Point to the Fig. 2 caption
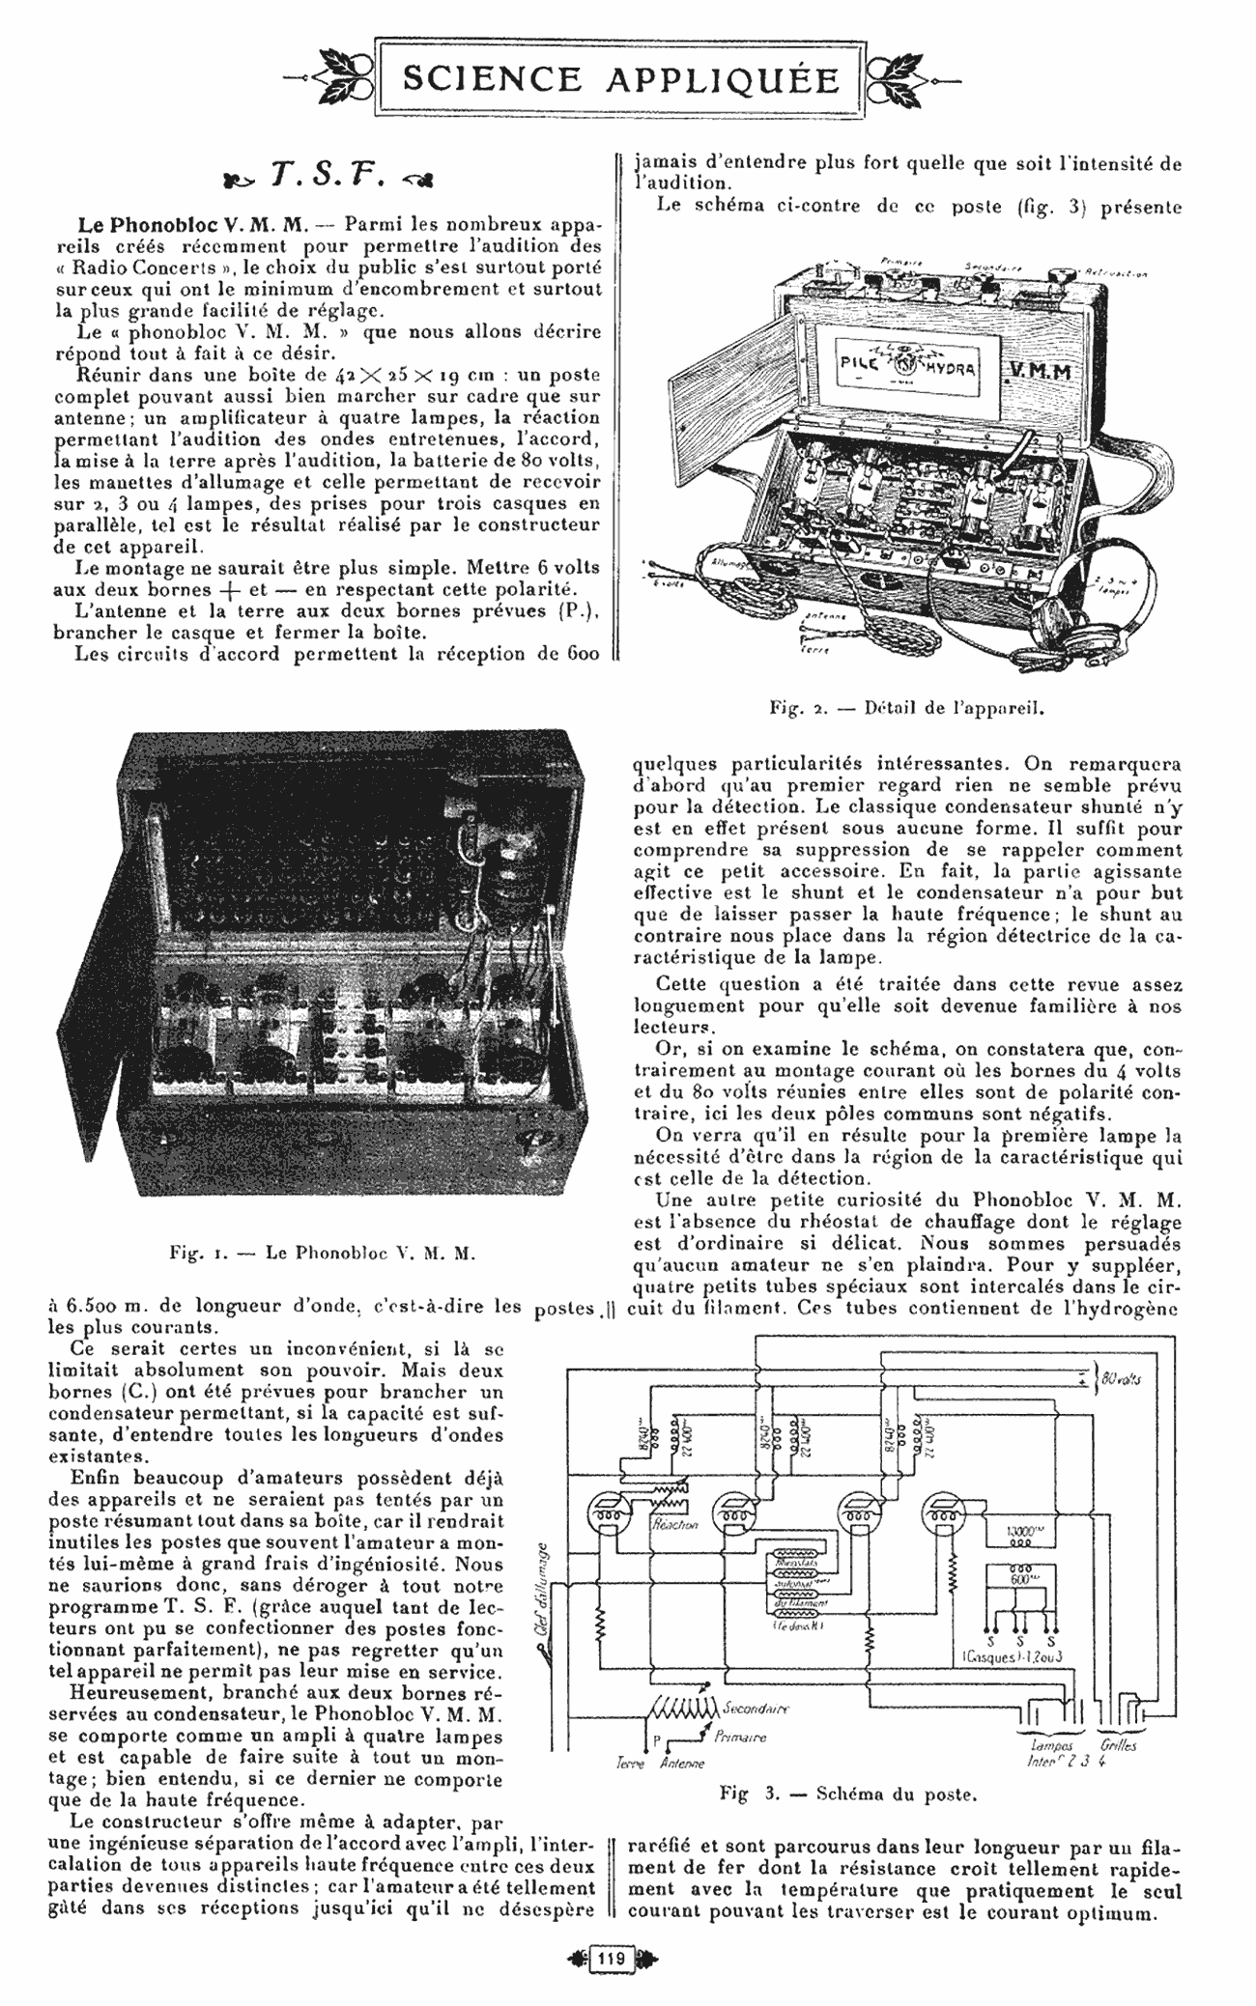click(908, 705)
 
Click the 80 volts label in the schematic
click(1121, 1378)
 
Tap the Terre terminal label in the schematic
click(630, 1763)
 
